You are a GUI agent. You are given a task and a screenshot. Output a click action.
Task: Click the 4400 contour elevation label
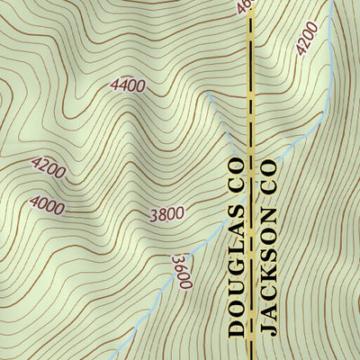pos(128,85)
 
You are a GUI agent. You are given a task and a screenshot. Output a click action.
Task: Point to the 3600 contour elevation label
pos(182,271)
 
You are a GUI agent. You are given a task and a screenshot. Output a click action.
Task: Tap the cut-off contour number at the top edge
pos(243,6)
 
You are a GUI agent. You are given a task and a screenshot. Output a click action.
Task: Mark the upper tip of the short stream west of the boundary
pos(208,93)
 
